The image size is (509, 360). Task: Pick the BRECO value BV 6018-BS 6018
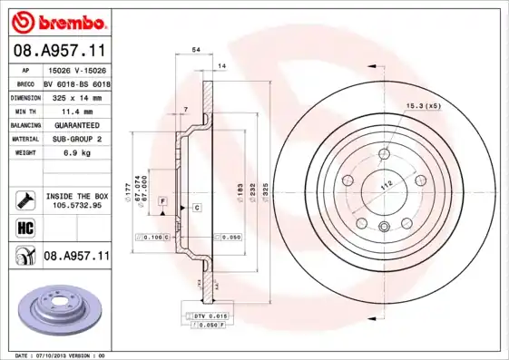point(76,83)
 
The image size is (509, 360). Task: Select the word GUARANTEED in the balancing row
point(71,124)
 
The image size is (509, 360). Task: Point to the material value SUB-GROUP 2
point(71,139)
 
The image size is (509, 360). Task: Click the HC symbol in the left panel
point(24,227)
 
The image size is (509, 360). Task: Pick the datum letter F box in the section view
point(162,199)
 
